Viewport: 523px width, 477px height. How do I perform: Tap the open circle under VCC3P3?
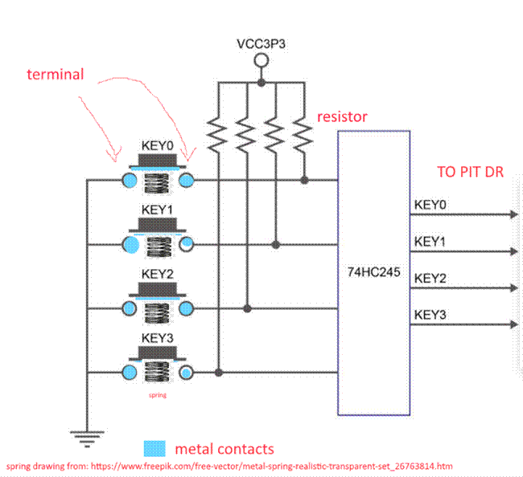260,62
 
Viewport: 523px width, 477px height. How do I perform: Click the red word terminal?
55,75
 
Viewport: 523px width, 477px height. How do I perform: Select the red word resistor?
343,117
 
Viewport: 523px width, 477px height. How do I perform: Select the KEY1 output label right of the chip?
430,241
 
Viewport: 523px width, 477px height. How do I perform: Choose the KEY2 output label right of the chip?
430,278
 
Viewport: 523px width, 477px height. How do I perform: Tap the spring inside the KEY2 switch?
158,308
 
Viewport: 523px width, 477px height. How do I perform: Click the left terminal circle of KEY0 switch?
128,180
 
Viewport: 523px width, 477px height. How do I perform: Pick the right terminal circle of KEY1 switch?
187,244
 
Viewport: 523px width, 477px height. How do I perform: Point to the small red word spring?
157,395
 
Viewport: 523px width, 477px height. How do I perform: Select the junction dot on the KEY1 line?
276,244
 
